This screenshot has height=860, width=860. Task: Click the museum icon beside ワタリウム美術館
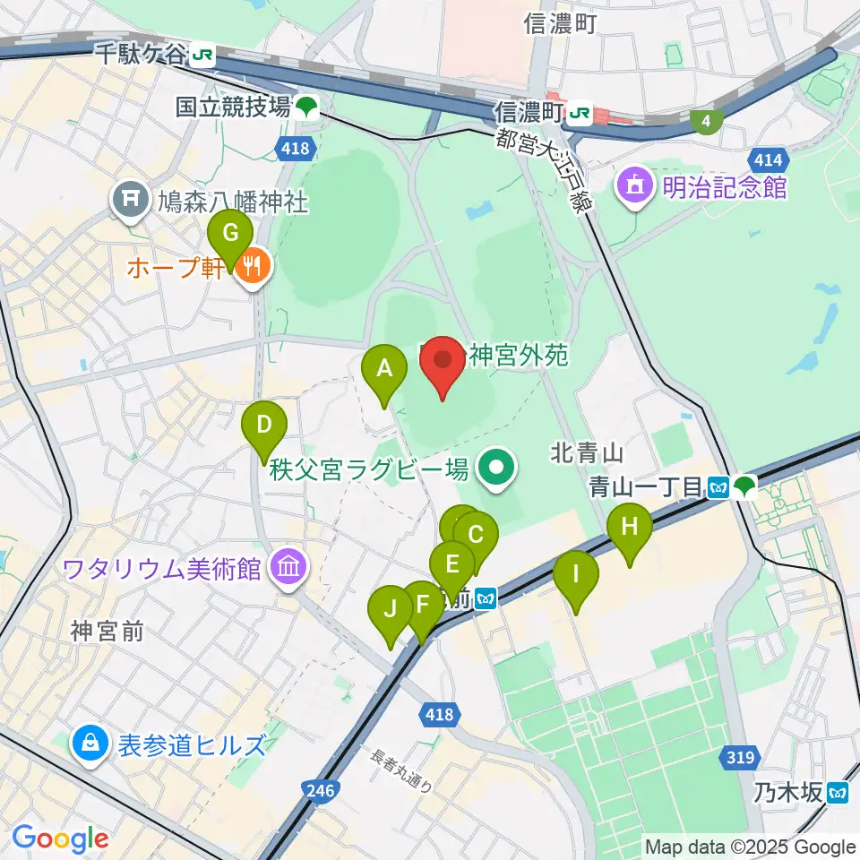click(x=288, y=567)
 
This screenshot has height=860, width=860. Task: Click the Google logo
click(x=60, y=838)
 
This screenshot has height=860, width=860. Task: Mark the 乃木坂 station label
click(x=787, y=792)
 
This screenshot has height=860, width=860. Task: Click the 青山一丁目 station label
click(x=645, y=486)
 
